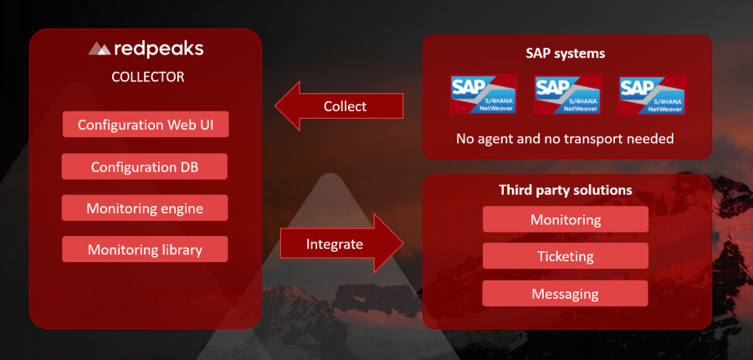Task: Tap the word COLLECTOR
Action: tap(147, 77)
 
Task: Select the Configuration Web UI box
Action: tap(146, 125)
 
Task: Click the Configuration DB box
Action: tap(146, 167)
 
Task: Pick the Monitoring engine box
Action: tap(146, 208)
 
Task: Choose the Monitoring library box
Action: tap(146, 249)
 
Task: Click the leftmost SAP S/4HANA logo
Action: tap(484, 94)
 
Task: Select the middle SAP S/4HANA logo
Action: tap(567, 94)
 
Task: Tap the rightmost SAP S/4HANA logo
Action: tap(653, 94)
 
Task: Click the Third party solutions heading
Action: tap(566, 191)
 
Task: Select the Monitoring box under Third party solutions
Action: tap(566, 220)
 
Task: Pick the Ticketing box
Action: tap(566, 256)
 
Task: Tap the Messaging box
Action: tap(566, 293)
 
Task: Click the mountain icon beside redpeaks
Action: tap(100, 49)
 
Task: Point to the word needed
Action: tap(652, 138)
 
